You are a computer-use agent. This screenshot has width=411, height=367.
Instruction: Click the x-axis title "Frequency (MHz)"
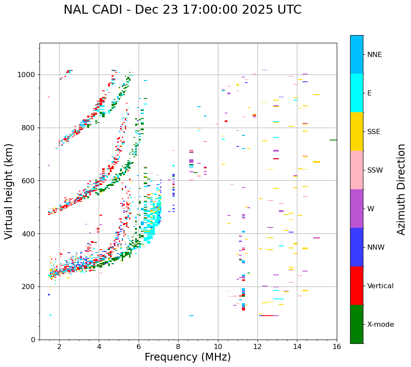[x=187, y=357]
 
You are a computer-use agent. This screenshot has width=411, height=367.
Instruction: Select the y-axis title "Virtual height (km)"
[x=9, y=191]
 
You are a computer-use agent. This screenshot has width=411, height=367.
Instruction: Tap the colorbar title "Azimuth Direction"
[x=401, y=189]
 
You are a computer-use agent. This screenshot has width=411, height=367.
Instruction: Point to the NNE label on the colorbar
[x=374, y=55]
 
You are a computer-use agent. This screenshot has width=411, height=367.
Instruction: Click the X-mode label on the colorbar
[x=380, y=325]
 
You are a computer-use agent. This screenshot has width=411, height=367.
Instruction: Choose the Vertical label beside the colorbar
[x=380, y=286]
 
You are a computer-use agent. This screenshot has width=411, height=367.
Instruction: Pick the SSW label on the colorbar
[x=375, y=170]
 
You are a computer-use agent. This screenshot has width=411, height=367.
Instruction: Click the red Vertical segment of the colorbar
[x=357, y=286]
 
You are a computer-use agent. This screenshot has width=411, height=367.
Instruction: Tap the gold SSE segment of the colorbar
[x=357, y=131]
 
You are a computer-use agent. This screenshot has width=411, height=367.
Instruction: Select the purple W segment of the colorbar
[x=357, y=209]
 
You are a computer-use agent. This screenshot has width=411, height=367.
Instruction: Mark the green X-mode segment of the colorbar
[x=357, y=324]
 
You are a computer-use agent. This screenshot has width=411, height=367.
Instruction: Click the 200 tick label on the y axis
[x=30, y=287]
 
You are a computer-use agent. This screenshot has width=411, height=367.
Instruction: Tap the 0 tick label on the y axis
[x=33, y=340]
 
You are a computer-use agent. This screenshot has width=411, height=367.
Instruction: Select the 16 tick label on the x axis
[x=337, y=346]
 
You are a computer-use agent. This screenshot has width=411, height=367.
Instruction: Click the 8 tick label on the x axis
[x=178, y=346]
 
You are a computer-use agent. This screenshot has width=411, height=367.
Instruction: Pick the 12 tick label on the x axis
[x=257, y=346]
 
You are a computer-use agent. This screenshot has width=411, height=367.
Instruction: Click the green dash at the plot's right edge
[x=333, y=140]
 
